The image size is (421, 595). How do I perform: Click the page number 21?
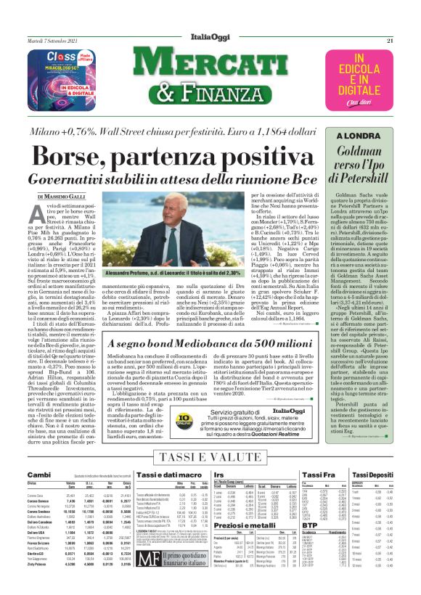click(409, 40)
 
